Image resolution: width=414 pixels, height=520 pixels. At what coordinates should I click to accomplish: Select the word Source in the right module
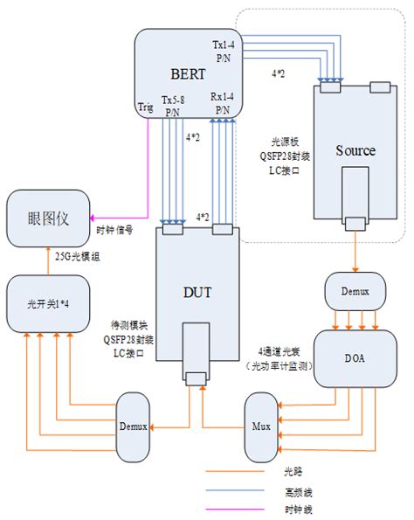(355, 150)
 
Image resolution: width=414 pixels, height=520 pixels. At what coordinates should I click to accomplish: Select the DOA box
(354, 359)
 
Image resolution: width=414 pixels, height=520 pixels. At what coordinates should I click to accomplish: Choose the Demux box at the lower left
(134, 426)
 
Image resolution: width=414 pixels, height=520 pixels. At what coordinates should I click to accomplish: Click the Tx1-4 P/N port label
(223, 50)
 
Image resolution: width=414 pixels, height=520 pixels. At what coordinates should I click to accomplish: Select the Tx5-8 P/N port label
(173, 107)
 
